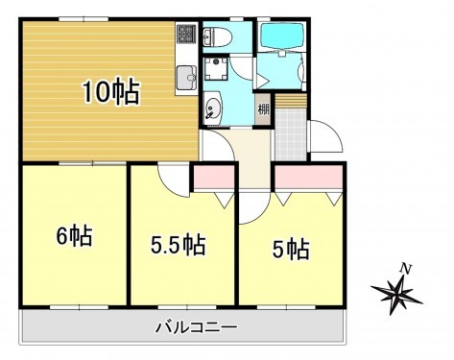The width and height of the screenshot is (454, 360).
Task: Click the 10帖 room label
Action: point(110,93)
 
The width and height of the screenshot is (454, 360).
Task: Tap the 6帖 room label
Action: point(74,236)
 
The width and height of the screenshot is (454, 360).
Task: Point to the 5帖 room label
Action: point(291,250)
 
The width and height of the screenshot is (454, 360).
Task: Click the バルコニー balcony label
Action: point(196,327)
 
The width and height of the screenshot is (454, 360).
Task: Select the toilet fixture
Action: point(214,38)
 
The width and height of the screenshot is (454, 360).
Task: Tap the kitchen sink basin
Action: point(185,77)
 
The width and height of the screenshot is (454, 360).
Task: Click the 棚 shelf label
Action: point(263,108)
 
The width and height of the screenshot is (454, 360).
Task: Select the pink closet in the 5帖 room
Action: point(307,177)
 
